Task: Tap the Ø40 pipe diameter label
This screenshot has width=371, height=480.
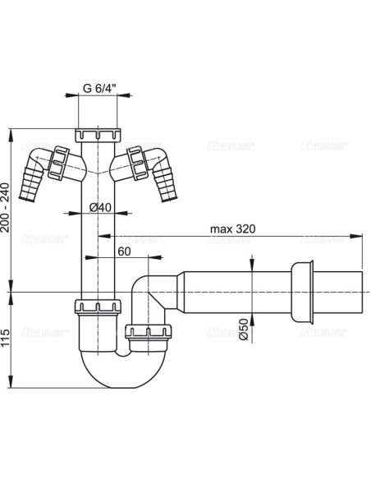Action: [x=99, y=207]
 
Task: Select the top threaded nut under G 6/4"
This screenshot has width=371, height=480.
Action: [x=97, y=134]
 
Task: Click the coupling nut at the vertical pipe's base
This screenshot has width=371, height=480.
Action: [x=97, y=309]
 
